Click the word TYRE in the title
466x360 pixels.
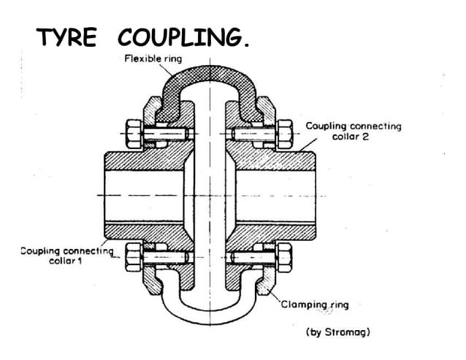tap(66, 38)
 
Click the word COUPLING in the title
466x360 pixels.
tap(186, 38)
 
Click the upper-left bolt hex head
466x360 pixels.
tap(134, 133)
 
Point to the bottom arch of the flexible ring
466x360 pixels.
tap(208, 315)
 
